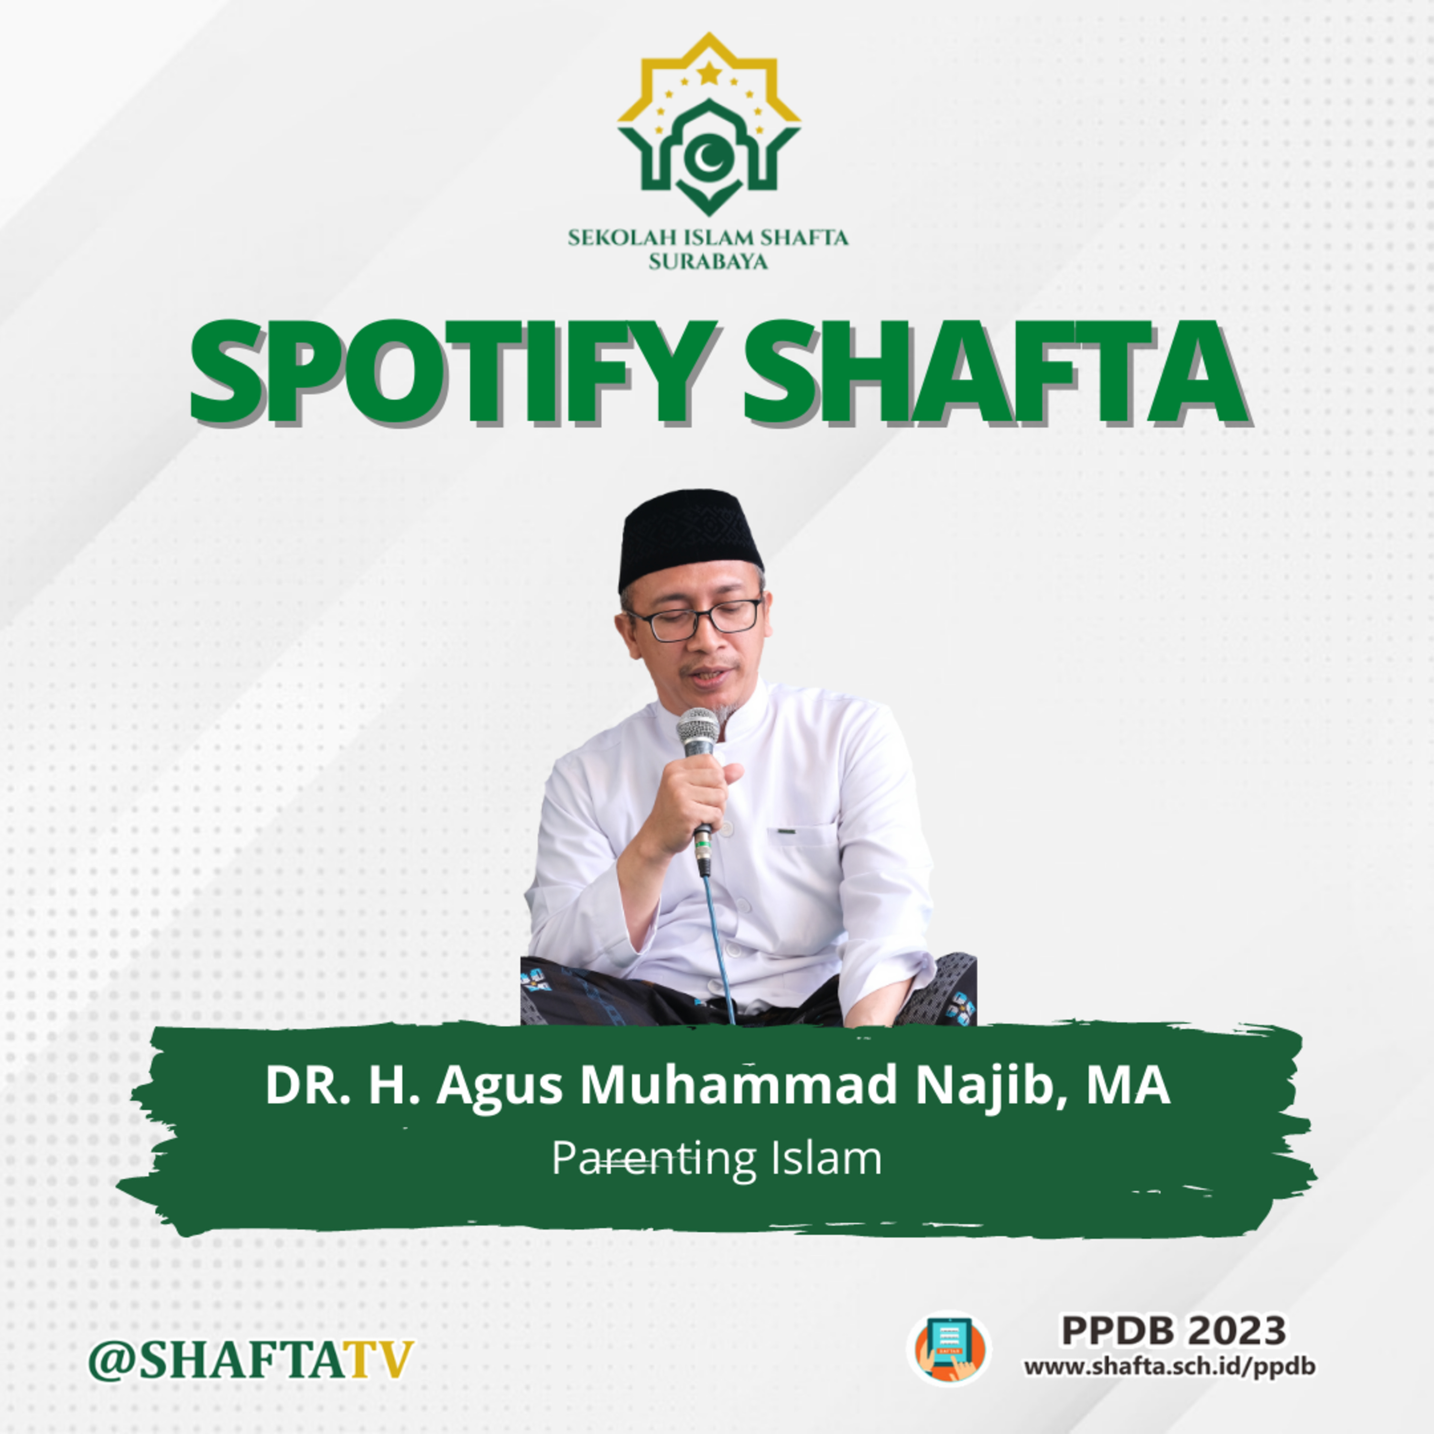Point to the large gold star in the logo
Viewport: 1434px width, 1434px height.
tap(709, 73)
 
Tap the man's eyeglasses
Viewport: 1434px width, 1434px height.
tap(695, 621)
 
